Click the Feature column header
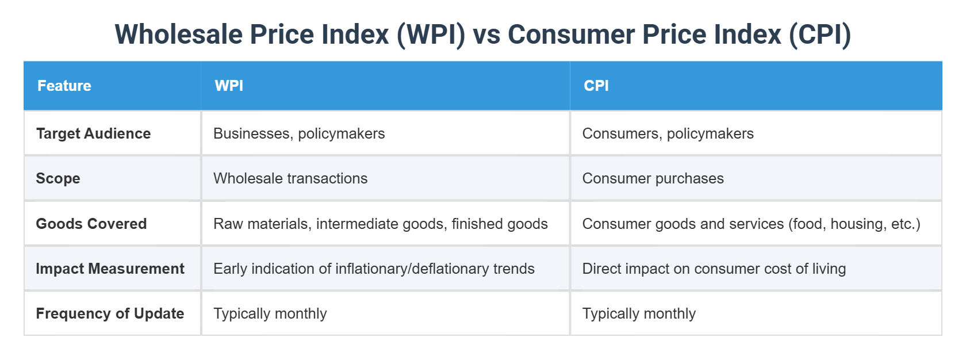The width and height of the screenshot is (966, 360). coord(64,86)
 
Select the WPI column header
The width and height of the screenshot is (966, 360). coord(229,86)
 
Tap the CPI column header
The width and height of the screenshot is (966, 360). coord(596,86)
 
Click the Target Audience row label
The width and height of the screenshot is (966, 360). coord(93,133)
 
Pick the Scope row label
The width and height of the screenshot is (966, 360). coord(58,178)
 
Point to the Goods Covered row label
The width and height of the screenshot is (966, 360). coord(91,224)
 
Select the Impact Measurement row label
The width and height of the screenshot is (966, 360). coord(110,269)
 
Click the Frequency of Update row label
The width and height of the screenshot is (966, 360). coord(110,313)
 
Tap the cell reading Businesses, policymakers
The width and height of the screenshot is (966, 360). coord(299,133)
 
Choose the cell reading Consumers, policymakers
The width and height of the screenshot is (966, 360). coord(668,133)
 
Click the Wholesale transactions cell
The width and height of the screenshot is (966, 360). coord(290,178)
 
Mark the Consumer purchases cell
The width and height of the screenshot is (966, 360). coord(653,178)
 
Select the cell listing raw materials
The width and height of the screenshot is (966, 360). coord(380,224)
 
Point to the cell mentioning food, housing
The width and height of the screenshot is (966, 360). coord(751,224)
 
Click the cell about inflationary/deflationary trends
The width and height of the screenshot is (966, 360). coord(374,269)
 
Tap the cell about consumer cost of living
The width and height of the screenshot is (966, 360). coord(714,269)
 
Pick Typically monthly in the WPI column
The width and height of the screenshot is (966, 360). coord(270,313)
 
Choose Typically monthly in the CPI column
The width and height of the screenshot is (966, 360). coord(639,313)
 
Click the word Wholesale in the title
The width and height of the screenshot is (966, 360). coord(179,35)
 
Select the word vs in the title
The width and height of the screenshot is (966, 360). coord(486,35)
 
